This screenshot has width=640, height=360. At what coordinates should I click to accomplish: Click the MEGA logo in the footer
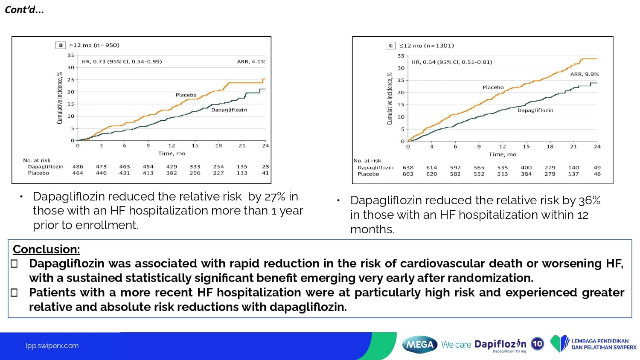tap(420, 344)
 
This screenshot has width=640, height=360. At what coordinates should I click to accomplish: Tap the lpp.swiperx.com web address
tap(52, 345)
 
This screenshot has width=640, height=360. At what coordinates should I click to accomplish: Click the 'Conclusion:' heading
tap(47, 249)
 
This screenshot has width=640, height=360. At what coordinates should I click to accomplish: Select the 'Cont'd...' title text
tap(24, 10)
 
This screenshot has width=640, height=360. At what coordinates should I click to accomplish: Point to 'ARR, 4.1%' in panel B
tap(251, 62)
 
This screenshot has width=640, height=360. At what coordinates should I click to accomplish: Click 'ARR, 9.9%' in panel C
tap(584, 74)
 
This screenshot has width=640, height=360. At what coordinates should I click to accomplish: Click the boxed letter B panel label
tap(61, 45)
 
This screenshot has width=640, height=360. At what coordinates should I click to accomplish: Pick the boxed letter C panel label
tap(391, 46)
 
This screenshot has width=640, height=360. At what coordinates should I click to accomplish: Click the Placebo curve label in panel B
tap(186, 95)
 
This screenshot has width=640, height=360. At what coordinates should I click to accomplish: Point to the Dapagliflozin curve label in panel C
tap(535, 110)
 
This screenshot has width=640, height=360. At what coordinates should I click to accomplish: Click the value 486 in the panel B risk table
tap(78, 167)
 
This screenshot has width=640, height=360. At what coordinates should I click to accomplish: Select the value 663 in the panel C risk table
tap(408, 174)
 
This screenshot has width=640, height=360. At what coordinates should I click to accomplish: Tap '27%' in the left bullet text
tap(275, 197)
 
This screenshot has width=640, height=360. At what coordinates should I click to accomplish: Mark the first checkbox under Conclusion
tap(14, 264)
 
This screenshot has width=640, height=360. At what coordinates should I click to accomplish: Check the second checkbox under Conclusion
tap(14, 293)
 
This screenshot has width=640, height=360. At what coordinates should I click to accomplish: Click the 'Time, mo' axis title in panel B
tap(172, 154)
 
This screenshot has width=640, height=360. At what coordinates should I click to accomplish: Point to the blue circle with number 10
tap(537, 344)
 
